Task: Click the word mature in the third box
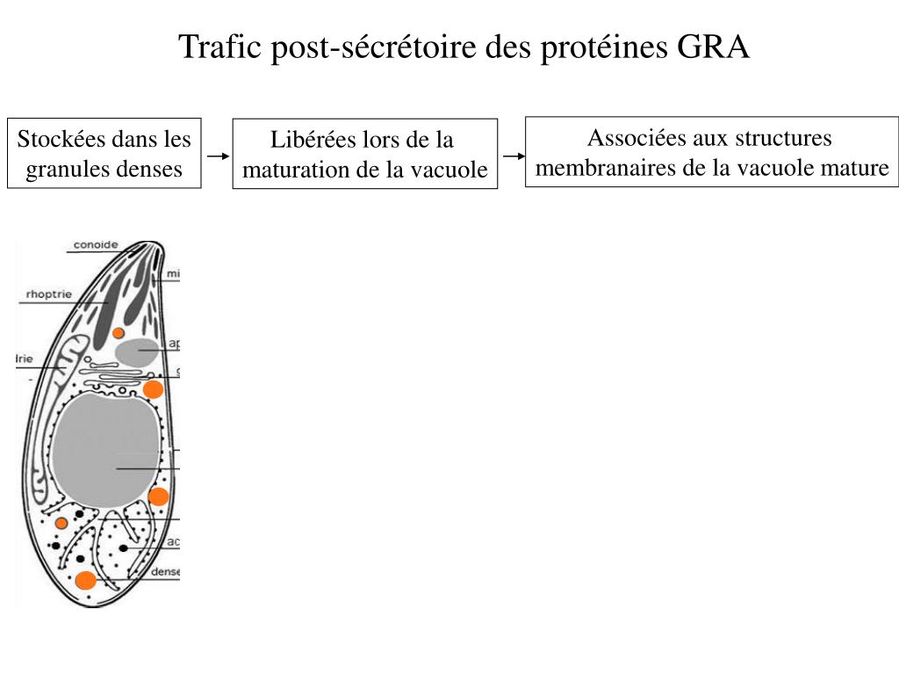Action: (x=855, y=167)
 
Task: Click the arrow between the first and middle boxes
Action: (x=217, y=156)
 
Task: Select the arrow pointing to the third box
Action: (x=513, y=156)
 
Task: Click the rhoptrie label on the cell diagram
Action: (x=49, y=294)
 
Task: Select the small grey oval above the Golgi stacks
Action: (x=136, y=352)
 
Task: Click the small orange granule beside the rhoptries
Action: (x=118, y=332)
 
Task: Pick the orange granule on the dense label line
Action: (x=85, y=580)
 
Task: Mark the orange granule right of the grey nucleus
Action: (x=158, y=497)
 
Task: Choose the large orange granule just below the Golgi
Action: (x=153, y=389)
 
